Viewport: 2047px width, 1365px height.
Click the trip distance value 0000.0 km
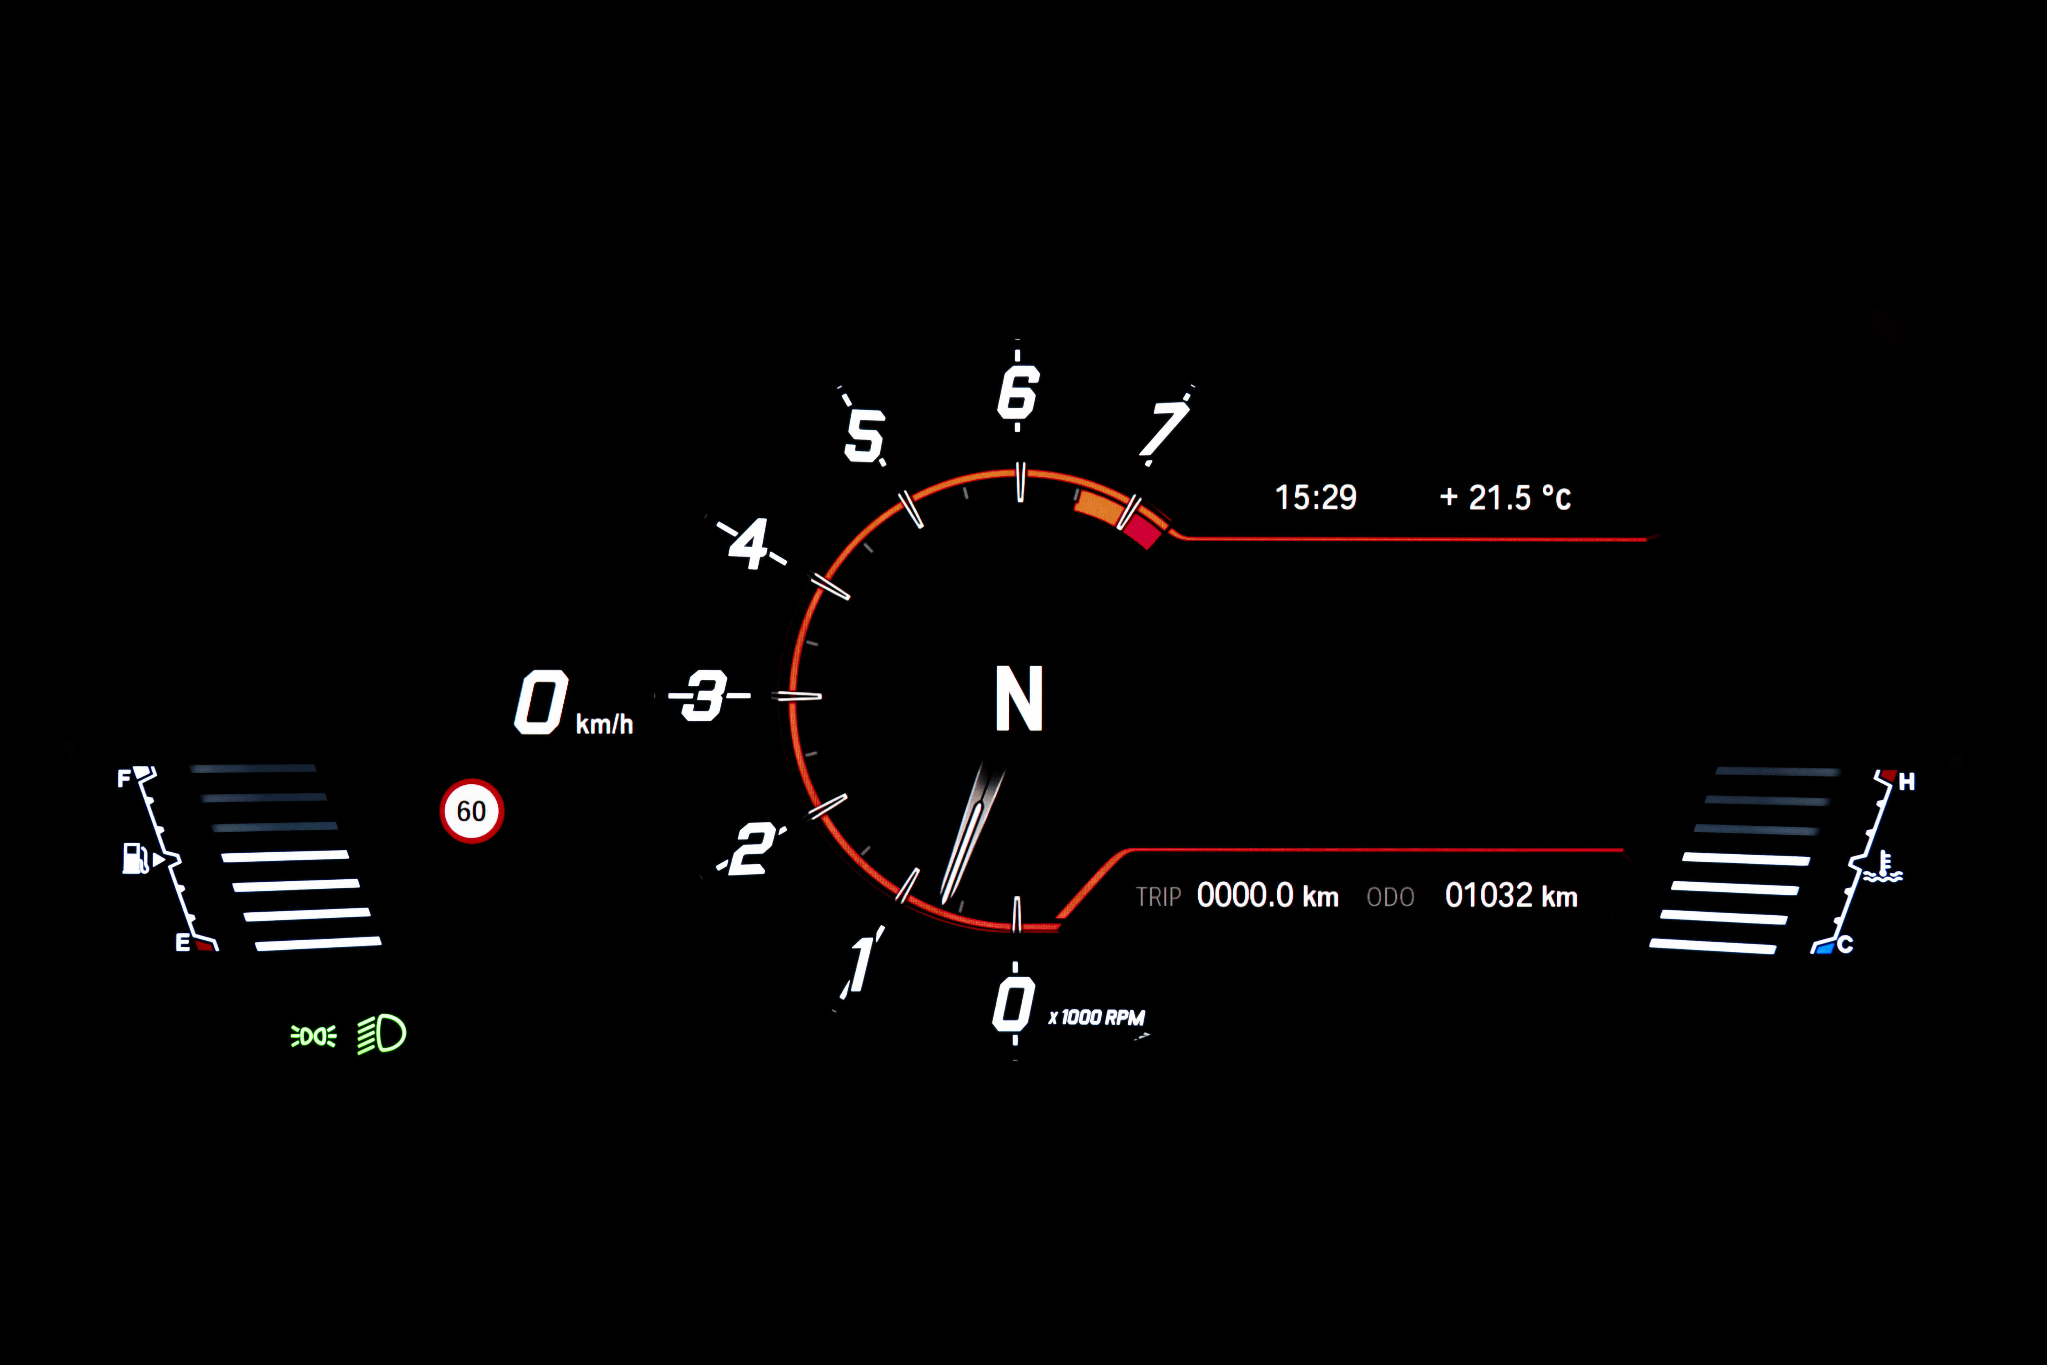pyautogui.click(x=1267, y=896)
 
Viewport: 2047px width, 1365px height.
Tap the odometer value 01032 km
pyautogui.click(x=1511, y=896)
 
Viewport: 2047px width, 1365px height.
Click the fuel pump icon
pyautogui.click(x=135, y=858)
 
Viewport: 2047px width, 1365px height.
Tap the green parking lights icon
pyautogui.click(x=313, y=1036)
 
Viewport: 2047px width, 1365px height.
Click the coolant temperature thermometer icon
pyautogui.click(x=1882, y=867)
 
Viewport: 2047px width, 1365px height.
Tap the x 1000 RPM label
pyautogui.click(x=1097, y=1018)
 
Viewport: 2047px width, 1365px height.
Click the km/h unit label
pyautogui.click(x=604, y=724)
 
